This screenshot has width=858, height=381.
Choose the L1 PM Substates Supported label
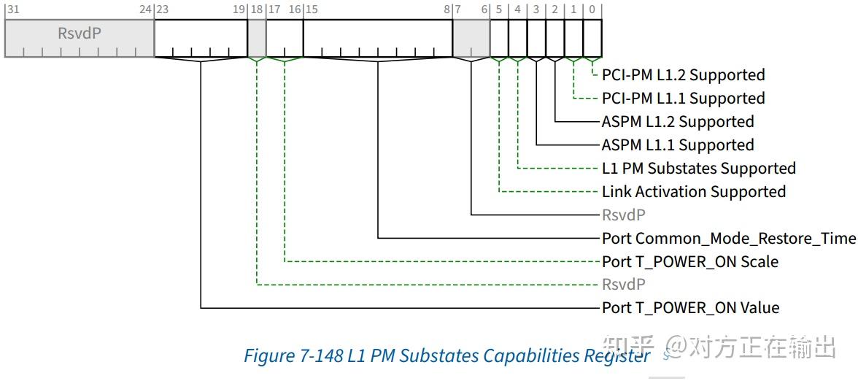pos(698,169)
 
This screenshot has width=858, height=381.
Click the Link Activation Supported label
pos(693,192)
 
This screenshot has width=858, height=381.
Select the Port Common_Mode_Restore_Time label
pos(728,239)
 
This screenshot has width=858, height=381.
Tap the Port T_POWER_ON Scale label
pos(689,262)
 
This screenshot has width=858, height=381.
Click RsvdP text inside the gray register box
pos(80,34)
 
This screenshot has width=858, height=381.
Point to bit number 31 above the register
pos(12,9)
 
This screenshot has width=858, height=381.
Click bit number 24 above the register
pos(145,9)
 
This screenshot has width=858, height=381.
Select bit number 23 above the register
pos(163,9)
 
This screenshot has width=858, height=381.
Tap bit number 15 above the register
pos(312,9)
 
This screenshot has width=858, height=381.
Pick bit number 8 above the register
pos(447,9)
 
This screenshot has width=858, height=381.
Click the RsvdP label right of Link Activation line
pos(623,215)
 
